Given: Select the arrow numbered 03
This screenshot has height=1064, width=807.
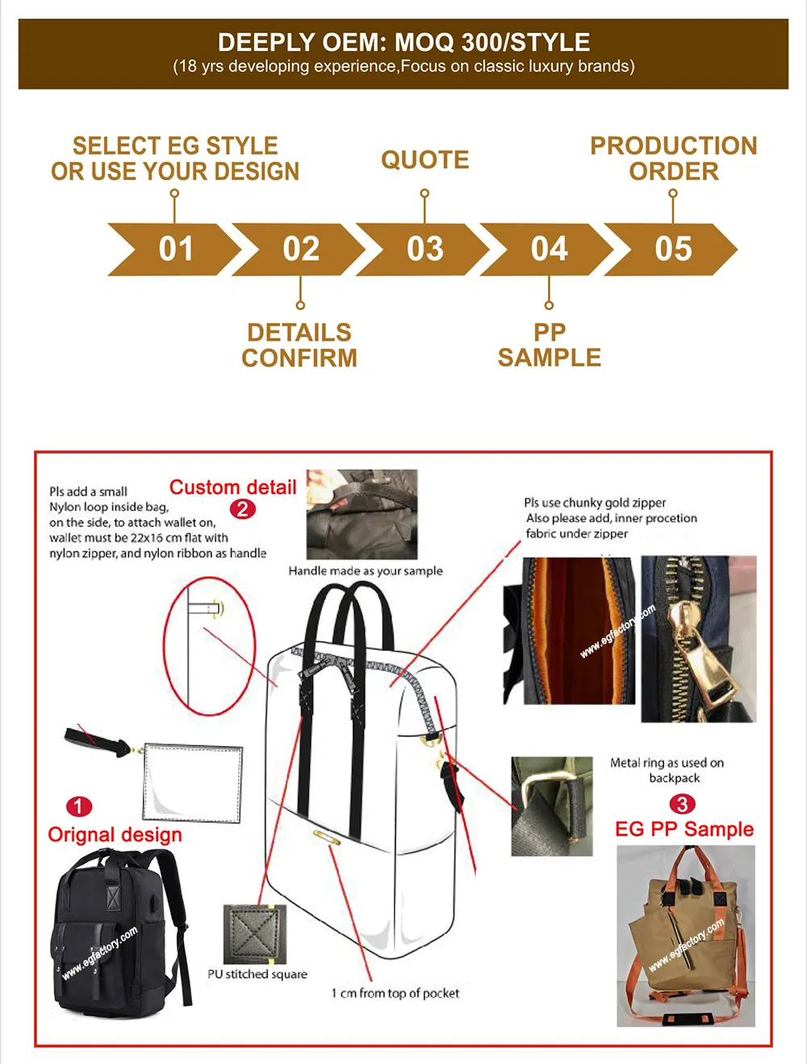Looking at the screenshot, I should [424, 249].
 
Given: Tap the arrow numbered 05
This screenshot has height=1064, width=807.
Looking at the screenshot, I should [673, 249].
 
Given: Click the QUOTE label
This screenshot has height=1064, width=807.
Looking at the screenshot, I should [425, 160].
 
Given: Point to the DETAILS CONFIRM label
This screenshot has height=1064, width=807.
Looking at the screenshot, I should [299, 345].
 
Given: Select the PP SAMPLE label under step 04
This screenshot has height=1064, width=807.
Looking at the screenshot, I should [550, 345].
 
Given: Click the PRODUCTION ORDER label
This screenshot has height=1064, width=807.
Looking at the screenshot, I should [674, 158].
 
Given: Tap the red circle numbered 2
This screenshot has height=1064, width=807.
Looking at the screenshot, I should [242, 509].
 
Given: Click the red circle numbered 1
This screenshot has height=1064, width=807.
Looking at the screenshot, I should [78, 806].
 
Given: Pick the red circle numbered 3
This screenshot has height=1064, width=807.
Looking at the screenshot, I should [682, 804].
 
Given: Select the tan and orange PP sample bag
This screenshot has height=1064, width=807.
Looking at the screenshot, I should [686, 936].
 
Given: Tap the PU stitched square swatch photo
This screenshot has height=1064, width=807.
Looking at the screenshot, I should [255, 934].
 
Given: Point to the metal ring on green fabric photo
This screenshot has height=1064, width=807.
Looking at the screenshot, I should [552, 806].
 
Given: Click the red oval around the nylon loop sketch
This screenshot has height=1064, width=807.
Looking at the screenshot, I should [210, 646].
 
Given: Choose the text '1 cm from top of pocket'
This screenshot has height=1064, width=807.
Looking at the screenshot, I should [395, 993].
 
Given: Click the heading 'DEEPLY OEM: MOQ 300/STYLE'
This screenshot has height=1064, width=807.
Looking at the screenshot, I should [403, 42].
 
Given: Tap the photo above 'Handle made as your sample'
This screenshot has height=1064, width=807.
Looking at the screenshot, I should [362, 514].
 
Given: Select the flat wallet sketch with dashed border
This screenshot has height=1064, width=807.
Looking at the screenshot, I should [193, 783].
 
